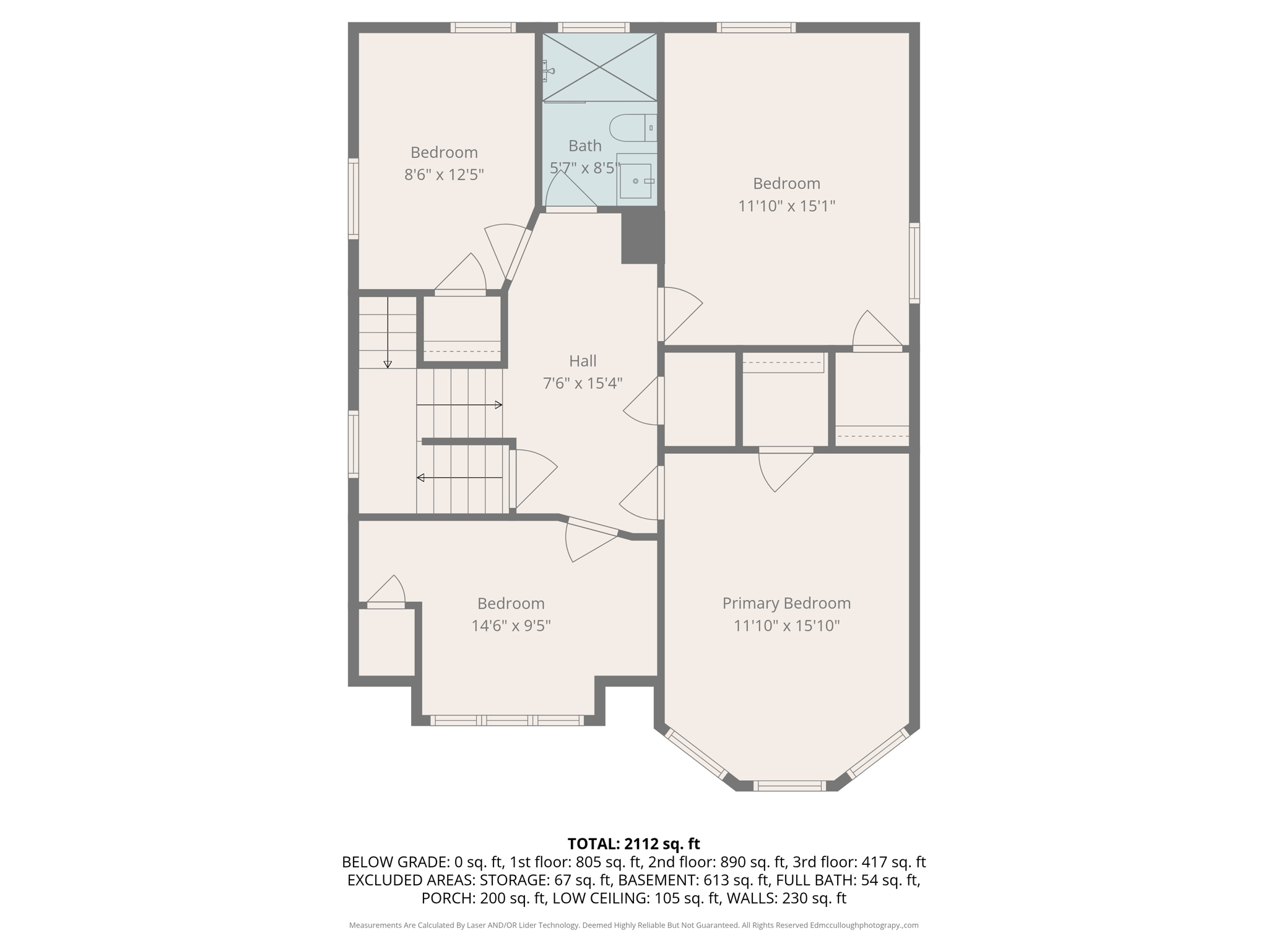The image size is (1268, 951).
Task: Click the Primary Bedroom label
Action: (x=786, y=603)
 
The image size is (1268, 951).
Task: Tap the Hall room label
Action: (x=583, y=361)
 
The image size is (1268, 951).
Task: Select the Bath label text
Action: (x=584, y=146)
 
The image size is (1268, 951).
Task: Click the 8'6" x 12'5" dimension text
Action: (x=444, y=175)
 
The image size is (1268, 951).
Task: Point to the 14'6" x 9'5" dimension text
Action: (x=511, y=625)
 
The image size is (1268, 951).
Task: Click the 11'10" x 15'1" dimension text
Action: (x=786, y=206)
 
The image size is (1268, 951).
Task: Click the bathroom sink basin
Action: (x=635, y=181)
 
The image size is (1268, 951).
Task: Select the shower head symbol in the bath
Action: (x=547, y=71)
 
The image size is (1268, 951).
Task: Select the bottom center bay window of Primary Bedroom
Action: (x=789, y=786)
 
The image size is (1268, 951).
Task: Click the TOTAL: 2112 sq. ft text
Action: (x=633, y=844)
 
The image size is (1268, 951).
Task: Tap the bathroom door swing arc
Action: (x=567, y=186)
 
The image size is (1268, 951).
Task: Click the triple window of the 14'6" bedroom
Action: (x=506, y=720)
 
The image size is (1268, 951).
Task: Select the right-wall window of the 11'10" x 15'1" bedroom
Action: (x=914, y=263)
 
